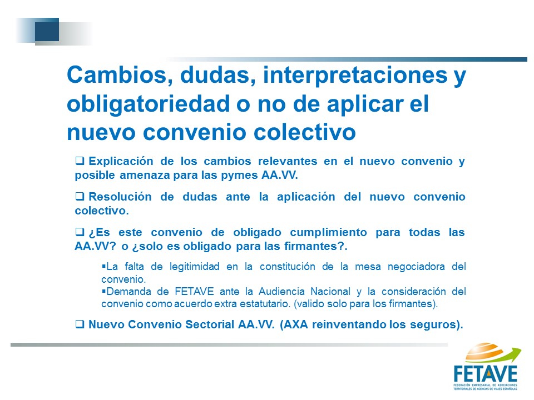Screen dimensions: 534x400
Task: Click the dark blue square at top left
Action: coord(47,29)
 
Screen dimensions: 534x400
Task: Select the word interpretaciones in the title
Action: coord(355,76)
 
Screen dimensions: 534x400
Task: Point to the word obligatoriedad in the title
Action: coord(148,104)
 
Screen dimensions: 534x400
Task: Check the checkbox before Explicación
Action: coord(80,161)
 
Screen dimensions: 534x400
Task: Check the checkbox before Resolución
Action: coord(80,196)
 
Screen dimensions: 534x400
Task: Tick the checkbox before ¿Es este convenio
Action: coord(80,232)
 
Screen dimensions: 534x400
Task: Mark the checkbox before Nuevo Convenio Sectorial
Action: coord(80,324)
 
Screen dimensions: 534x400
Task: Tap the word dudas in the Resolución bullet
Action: coord(200,197)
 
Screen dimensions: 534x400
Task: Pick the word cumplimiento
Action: coord(328,233)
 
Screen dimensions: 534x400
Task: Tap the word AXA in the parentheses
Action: coord(295,324)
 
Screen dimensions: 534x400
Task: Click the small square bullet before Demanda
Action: coord(103,291)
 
